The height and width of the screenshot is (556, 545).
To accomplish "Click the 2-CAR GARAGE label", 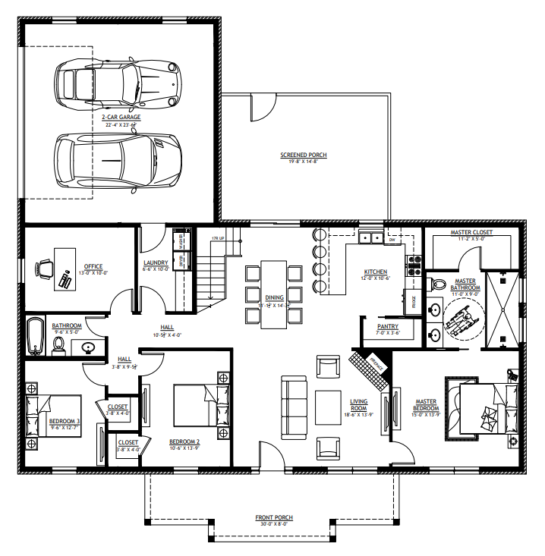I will [x=121, y=118].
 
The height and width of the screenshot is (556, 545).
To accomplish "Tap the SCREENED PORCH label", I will [x=304, y=155].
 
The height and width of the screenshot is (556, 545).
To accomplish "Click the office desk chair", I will [x=45, y=268].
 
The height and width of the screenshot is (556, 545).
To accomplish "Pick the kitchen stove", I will [x=415, y=265].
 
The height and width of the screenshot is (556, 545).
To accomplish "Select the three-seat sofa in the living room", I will [x=290, y=407].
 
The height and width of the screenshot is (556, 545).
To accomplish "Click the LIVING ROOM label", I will [x=358, y=406].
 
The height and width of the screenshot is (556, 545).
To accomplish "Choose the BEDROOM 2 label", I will [x=184, y=441].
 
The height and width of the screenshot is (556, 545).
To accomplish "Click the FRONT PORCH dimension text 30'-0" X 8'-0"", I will [x=273, y=524].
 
